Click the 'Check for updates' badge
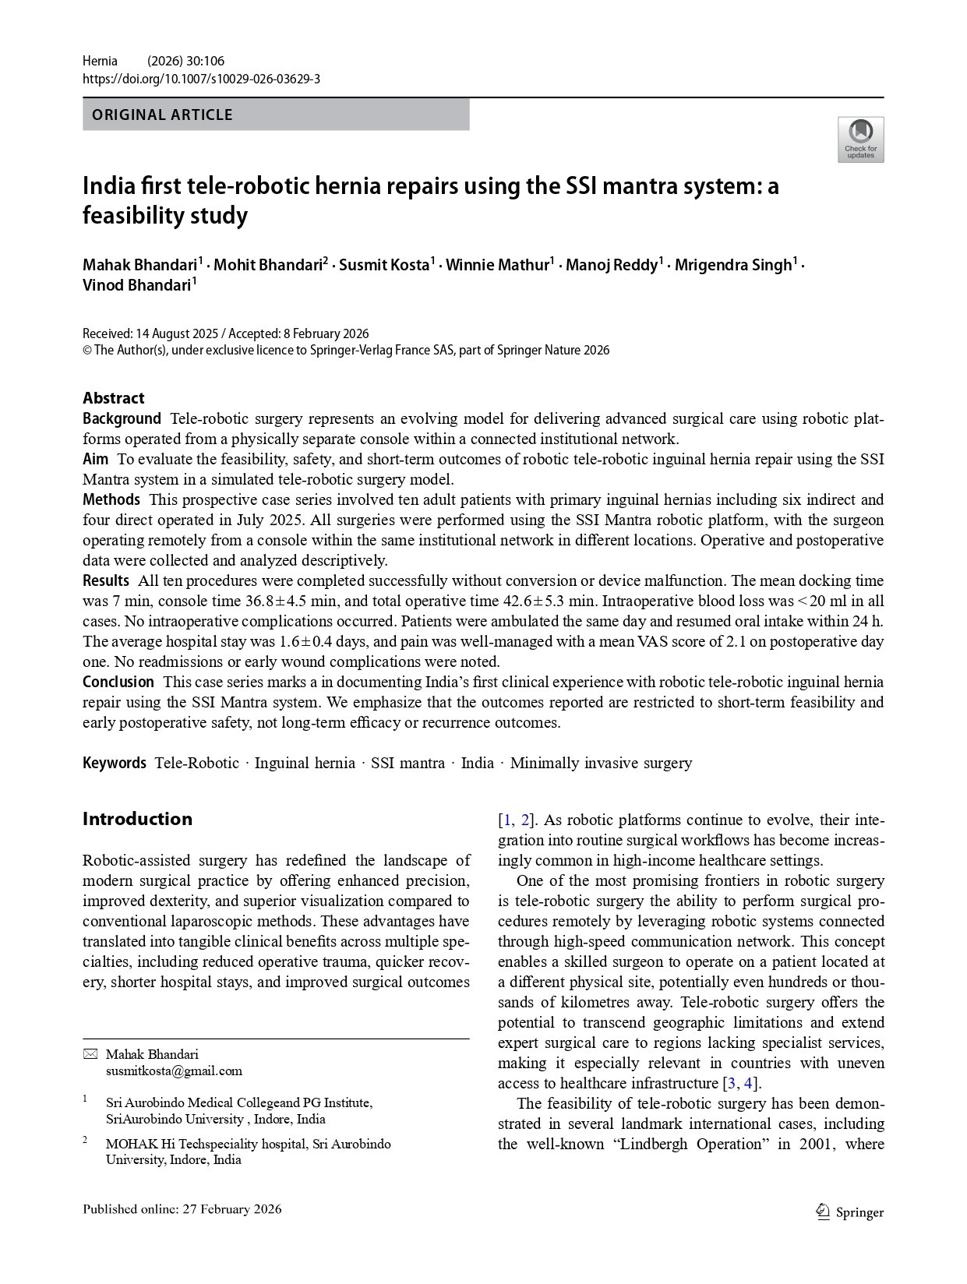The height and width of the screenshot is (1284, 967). coord(860,139)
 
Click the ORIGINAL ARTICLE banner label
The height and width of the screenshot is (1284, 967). coord(162,115)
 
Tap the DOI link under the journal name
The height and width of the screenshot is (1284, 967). coord(201,79)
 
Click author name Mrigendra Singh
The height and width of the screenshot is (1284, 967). coord(732,265)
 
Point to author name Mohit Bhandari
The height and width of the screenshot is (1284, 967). coord(268,265)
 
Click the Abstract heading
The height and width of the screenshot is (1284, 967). coord(113,398)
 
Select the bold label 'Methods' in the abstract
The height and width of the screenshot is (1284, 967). coord(111,499)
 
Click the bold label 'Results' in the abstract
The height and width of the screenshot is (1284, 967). coord(106,580)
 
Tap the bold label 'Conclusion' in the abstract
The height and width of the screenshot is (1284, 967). coord(118,682)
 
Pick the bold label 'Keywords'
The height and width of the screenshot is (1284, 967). coord(115,763)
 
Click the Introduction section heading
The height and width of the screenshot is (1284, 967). coord(137,819)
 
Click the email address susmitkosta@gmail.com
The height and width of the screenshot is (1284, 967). coord(174,1071)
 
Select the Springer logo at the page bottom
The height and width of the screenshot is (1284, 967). coord(849,1212)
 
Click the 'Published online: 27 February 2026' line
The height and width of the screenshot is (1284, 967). coord(182,1209)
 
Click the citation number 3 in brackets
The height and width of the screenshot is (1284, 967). coord(731,1083)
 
